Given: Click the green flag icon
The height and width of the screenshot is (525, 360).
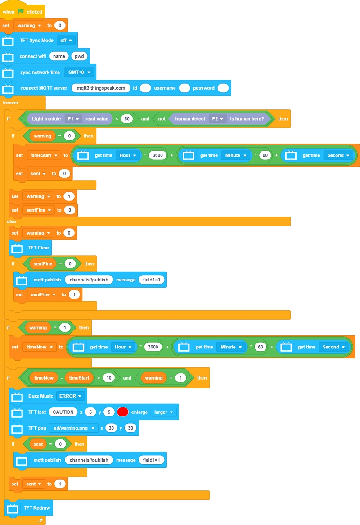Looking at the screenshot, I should (21, 11).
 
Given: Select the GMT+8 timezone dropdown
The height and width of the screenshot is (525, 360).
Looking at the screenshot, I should (79, 72).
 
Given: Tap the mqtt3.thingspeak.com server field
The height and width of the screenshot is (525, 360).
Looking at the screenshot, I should (101, 88).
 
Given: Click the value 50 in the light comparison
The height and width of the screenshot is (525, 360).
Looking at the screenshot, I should (126, 119).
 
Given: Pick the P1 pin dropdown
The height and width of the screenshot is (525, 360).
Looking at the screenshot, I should (73, 119).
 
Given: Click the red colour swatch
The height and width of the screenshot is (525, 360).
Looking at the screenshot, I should (123, 412).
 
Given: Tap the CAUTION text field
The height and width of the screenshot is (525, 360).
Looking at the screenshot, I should (63, 412).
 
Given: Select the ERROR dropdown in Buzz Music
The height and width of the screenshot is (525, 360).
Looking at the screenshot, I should (71, 396).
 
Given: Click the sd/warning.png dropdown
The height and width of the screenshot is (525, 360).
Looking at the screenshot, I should (73, 428).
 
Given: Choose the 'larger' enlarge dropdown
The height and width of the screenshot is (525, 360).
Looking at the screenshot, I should (163, 412).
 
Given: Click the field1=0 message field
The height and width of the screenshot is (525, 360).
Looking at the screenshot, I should (152, 280).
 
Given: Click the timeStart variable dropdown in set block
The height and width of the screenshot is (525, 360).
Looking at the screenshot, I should (44, 155).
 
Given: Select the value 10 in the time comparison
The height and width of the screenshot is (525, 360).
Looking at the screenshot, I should (108, 378).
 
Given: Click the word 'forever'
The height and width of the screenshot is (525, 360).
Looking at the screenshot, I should (11, 103).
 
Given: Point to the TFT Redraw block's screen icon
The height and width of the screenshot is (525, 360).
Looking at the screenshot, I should (13, 508).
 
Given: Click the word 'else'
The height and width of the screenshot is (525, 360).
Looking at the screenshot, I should (11, 222).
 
